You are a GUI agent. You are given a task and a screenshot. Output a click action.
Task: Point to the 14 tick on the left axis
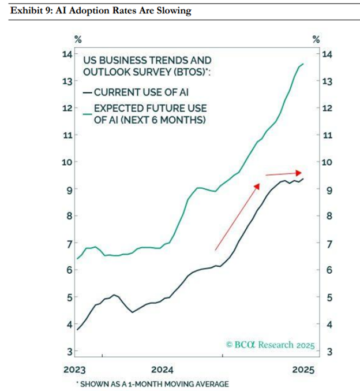point(67,54)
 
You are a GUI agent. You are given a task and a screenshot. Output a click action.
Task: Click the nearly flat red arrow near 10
point(284,173)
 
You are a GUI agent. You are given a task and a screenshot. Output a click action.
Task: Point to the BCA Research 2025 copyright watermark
point(271,345)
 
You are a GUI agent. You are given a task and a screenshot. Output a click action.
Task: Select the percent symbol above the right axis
point(316,40)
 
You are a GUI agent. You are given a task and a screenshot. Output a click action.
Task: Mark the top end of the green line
point(303,64)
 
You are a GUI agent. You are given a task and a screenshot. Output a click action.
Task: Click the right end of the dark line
point(303,179)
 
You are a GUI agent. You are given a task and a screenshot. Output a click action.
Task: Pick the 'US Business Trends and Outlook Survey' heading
point(147,65)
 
